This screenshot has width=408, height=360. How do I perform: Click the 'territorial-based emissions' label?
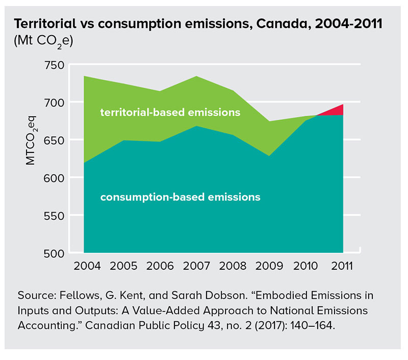[x=170, y=112]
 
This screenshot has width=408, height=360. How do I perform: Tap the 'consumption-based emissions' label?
[x=181, y=196]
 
